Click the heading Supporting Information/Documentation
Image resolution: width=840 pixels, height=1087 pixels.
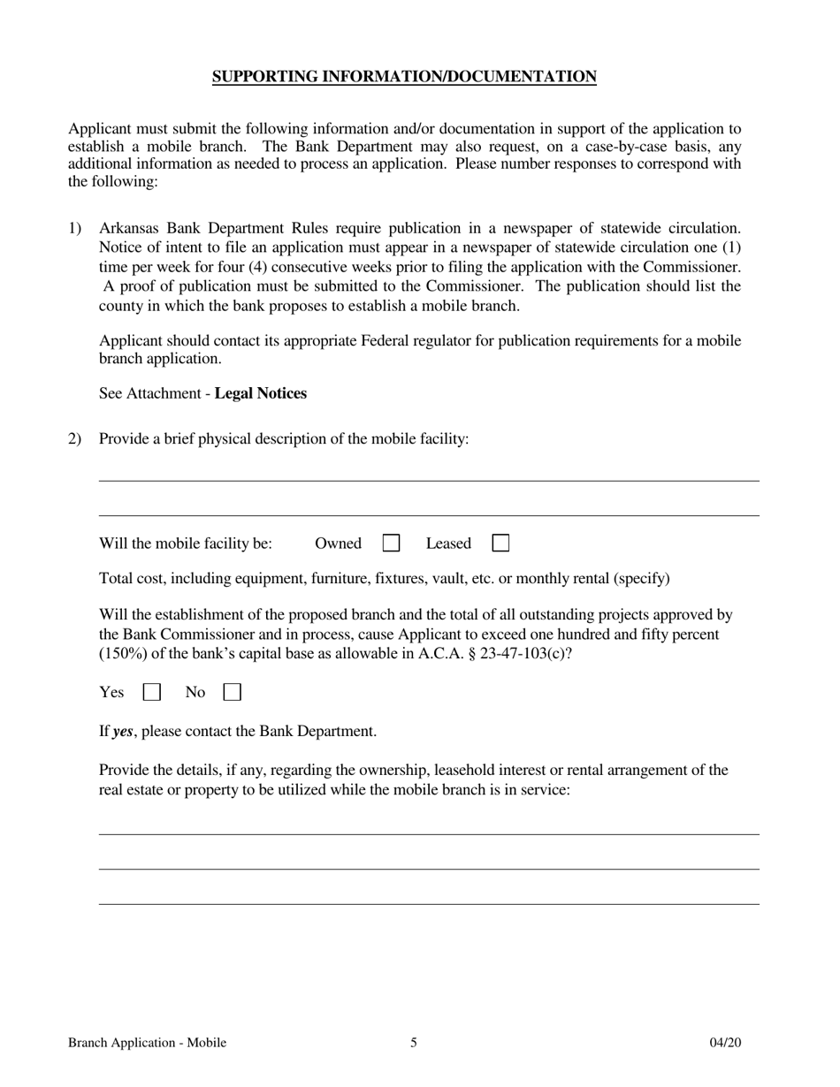click(404, 77)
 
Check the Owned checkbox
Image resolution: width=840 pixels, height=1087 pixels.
click(391, 543)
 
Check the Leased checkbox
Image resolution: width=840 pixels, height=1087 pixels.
click(500, 543)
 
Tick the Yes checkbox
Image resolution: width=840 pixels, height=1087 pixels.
click(152, 693)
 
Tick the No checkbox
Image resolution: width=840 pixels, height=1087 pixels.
click(233, 693)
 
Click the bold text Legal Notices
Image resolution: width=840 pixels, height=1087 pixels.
click(261, 393)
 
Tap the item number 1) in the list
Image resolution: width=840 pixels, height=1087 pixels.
click(75, 229)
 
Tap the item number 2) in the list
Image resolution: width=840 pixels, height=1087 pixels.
click(75, 438)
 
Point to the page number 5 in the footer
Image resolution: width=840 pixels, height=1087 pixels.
click(414, 1043)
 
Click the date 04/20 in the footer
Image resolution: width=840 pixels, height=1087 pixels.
click(725, 1043)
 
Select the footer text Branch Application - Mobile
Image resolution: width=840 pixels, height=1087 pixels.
click(147, 1043)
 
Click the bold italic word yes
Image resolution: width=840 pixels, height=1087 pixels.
click(123, 732)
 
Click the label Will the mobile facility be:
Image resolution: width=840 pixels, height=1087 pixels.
click(186, 543)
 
